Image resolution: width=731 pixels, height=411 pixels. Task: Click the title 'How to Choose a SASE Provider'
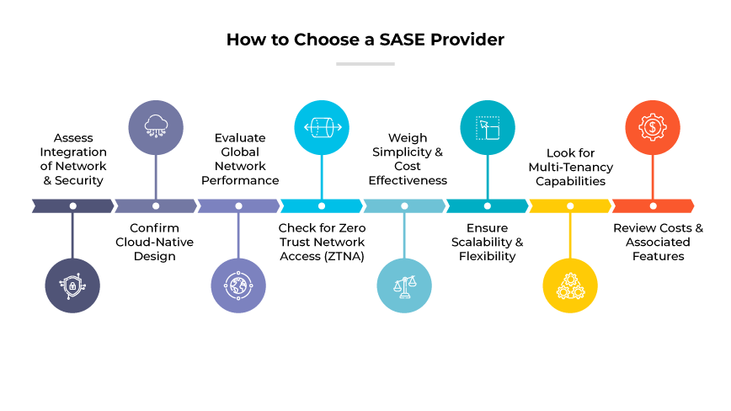[x=365, y=40]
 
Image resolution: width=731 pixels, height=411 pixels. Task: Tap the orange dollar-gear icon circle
[x=653, y=128]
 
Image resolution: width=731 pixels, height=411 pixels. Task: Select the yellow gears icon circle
[x=570, y=286]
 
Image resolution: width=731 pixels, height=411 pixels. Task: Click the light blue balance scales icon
[x=404, y=286]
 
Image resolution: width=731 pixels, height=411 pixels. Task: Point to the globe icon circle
[x=238, y=286]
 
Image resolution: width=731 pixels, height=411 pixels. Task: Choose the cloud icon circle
[x=156, y=128]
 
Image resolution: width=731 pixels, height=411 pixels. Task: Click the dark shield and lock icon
[x=72, y=286]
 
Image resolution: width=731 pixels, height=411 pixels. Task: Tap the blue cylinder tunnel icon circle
[x=321, y=128]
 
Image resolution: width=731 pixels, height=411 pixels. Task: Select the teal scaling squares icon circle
[x=488, y=128]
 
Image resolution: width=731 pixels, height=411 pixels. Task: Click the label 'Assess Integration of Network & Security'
[x=72, y=158]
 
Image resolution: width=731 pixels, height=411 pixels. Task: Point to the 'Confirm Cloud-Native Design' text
[x=155, y=242]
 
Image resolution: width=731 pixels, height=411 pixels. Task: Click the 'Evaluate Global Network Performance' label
[x=239, y=158]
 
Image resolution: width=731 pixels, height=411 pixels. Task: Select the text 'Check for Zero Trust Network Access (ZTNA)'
[x=321, y=242]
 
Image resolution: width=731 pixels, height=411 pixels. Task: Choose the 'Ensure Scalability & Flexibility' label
[x=488, y=242]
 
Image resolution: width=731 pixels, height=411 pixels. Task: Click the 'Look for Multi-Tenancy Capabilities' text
[x=570, y=167]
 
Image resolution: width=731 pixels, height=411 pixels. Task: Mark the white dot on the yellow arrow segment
[x=570, y=205]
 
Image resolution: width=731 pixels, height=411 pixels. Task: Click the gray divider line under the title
[x=365, y=63]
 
